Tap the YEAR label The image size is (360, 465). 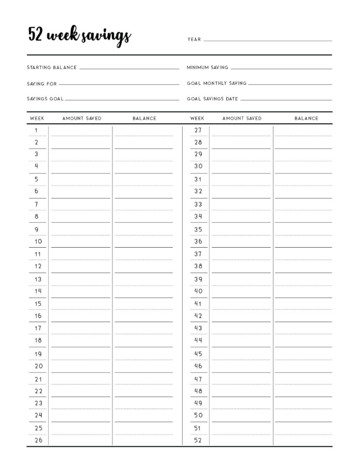click(x=194, y=40)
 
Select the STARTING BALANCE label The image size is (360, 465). click(x=52, y=68)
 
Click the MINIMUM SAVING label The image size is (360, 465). click(x=207, y=68)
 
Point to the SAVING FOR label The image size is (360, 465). click(x=42, y=84)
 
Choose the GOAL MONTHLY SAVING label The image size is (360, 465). click(x=217, y=83)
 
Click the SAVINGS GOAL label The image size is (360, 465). click(x=45, y=99)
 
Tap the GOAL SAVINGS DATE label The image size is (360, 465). click(x=213, y=99)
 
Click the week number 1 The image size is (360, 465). click(x=37, y=131)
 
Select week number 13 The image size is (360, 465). click(x=38, y=279)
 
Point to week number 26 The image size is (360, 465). click(x=38, y=441)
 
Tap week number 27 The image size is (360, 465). click(x=198, y=131)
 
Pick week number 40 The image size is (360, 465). click(x=198, y=292)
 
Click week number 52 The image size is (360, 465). click(x=198, y=441)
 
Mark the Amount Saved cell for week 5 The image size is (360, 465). click(x=80, y=180)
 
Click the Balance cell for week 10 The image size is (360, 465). click(x=143, y=242)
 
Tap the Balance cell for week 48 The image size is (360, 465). click(x=303, y=391)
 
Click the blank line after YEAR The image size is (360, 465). click(x=267, y=39)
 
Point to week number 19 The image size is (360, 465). click(x=38, y=354)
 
